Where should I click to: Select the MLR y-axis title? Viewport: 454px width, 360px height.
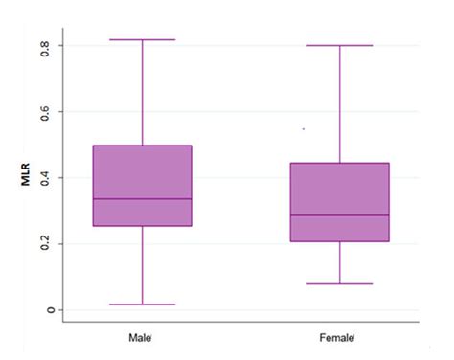coord(30,177)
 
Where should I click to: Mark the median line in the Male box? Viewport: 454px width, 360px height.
coord(142,198)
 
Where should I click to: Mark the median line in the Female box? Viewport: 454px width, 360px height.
coord(339,215)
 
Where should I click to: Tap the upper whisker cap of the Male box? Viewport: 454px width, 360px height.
coord(142,40)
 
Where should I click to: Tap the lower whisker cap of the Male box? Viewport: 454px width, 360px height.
coord(142,304)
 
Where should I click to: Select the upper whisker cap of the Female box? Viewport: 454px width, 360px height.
coord(339,45)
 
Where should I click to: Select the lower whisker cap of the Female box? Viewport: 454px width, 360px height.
coord(339,283)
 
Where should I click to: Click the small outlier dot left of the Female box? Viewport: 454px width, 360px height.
coord(304,128)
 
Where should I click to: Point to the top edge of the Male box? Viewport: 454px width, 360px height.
coord(142,146)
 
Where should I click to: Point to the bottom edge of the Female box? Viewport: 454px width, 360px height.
coord(339,241)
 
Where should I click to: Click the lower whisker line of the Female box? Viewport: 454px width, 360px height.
coord(339,262)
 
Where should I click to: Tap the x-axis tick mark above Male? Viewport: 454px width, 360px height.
coord(142,323)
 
